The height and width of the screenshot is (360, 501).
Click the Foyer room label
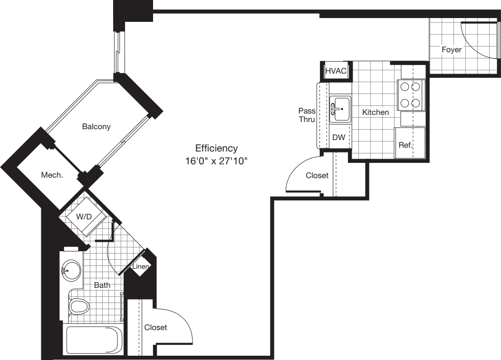coord(451,49)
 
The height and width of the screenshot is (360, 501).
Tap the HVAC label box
coord(336,71)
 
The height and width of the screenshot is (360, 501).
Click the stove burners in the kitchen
coord(410,95)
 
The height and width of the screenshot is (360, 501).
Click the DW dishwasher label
coord(338,138)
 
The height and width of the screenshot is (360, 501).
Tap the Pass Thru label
coord(307,115)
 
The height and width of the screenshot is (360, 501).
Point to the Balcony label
coord(96,127)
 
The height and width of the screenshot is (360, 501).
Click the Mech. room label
coord(52,175)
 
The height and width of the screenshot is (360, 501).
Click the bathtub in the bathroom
coord(93,341)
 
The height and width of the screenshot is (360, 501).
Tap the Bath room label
coord(102,285)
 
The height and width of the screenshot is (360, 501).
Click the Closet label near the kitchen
coord(317,176)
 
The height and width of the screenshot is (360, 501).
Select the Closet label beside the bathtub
coord(155,328)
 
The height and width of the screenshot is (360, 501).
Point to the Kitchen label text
coord(376,113)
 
